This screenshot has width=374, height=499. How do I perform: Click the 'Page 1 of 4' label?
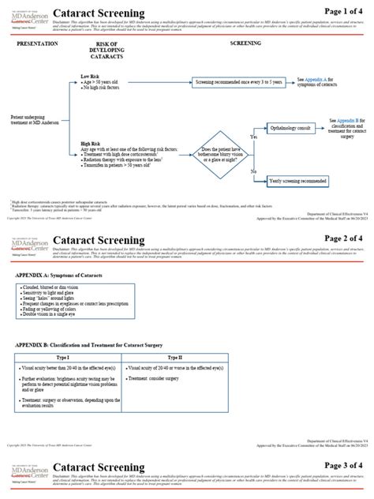pos(345,11)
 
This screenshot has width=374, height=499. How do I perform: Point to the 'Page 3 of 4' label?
pos(345,467)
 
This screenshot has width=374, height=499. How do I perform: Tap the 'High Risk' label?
pos(91,144)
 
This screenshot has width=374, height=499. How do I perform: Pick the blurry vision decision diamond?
pos(220,153)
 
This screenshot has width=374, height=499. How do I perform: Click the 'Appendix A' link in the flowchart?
pos(318,80)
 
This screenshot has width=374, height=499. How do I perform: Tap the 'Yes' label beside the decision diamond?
pos(253,137)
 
